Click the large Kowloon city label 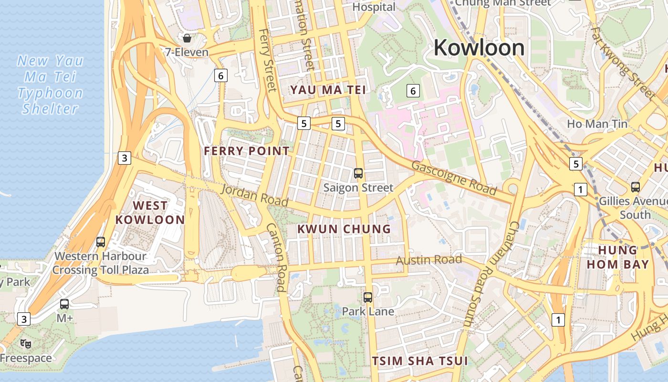point(479,47)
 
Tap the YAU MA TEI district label point(328,90)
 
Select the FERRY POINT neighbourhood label point(247,151)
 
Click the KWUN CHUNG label point(344,229)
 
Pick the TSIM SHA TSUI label point(420,361)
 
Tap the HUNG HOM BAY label point(618,257)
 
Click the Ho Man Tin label point(597,124)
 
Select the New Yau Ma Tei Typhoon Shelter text point(51,85)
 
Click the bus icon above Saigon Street point(358,173)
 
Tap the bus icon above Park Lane point(368,297)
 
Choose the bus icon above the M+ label point(64,304)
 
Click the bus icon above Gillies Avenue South point(635,187)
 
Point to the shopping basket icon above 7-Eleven point(187,38)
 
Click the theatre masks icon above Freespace point(26,343)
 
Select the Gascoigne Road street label point(454,178)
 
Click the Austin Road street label point(429,260)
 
